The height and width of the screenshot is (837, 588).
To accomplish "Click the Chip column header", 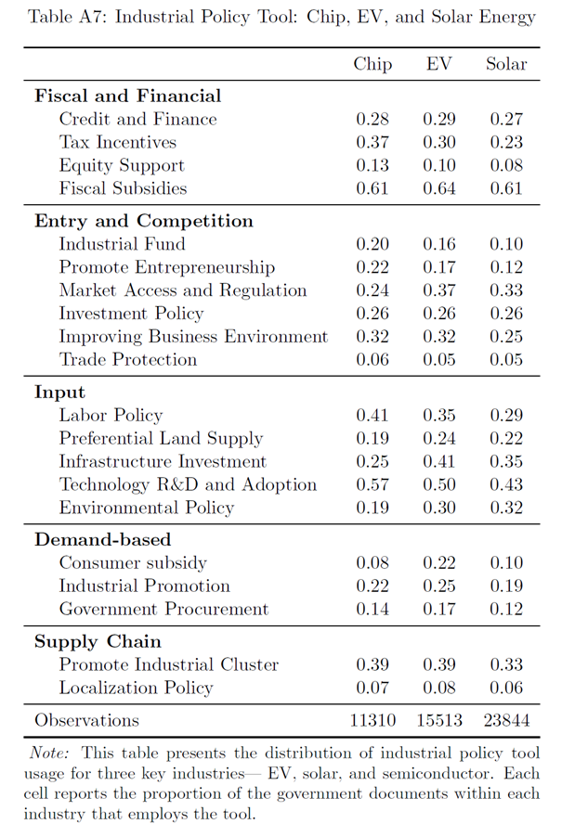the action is pos(372,65).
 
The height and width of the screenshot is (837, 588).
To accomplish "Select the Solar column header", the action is pos(506,64).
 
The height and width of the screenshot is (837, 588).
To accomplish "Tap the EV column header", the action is pos(438,64).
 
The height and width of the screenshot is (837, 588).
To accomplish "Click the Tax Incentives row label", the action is pos(118,142).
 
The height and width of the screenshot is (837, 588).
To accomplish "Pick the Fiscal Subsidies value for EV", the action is pos(438,188).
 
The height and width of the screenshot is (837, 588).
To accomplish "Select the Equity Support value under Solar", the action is pos(506,165).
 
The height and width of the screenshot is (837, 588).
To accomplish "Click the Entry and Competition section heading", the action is pos(144,221).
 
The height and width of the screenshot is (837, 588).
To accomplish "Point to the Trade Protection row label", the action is pos(128,359).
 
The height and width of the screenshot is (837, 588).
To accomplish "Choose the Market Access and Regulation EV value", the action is pos(438,290).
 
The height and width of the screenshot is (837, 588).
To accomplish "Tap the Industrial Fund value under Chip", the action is pos(372,244).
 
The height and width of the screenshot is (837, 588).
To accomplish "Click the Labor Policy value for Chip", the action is pos(372,416).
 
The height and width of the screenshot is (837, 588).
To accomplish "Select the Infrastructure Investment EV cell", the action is pos(438,461).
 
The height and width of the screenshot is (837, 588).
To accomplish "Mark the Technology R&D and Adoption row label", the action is pos(188,484).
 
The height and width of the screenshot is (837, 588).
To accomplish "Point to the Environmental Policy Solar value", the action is pos(506,508).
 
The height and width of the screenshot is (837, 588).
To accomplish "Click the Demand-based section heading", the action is pos(102,540).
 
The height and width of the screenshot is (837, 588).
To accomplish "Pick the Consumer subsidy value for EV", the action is pos(438,562).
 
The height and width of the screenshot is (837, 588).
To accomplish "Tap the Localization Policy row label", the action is pos(136,688).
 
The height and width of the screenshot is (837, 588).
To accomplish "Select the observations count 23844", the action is pos(506,720).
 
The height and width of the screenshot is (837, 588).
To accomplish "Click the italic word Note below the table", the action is pos(49,753).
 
